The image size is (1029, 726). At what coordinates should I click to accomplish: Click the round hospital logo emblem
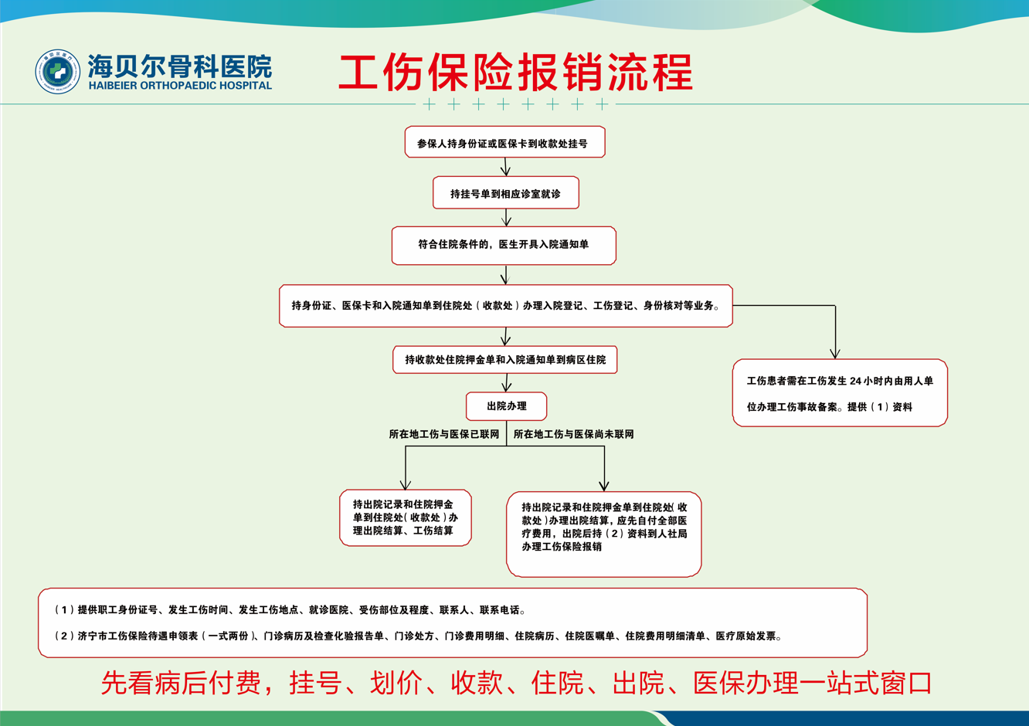pyautogui.click(x=57, y=72)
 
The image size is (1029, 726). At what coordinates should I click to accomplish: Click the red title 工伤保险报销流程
pyautogui.click(x=515, y=73)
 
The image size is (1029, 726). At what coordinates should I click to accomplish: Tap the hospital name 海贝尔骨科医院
pyautogui.click(x=179, y=66)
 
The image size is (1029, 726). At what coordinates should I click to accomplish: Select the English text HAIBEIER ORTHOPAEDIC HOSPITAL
pyautogui.click(x=180, y=86)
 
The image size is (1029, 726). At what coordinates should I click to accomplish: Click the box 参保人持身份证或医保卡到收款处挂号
pyautogui.click(x=504, y=143)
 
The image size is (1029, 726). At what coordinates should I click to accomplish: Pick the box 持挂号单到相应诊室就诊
pyautogui.click(x=505, y=193)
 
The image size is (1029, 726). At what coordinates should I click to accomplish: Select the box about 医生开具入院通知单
pyautogui.click(x=504, y=245)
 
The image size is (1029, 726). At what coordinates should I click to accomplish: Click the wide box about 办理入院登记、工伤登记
pyautogui.click(x=505, y=306)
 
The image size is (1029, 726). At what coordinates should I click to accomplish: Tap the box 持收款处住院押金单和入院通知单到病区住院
pyautogui.click(x=505, y=360)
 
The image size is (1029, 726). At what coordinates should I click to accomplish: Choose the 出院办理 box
pyautogui.click(x=506, y=406)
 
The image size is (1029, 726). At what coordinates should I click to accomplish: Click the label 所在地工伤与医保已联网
pyautogui.click(x=444, y=435)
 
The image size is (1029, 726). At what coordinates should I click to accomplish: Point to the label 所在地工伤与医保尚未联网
pyautogui.click(x=573, y=435)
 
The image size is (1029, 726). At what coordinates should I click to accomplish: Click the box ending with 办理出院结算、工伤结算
pyautogui.click(x=405, y=517)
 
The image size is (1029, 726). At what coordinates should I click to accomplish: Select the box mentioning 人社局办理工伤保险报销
pyautogui.click(x=603, y=533)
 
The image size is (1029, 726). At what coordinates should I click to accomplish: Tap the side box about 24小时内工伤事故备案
pyautogui.click(x=840, y=393)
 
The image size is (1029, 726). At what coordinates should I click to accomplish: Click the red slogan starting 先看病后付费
pyautogui.click(x=516, y=684)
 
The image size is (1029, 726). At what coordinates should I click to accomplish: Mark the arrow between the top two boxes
pyautogui.click(x=505, y=168)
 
